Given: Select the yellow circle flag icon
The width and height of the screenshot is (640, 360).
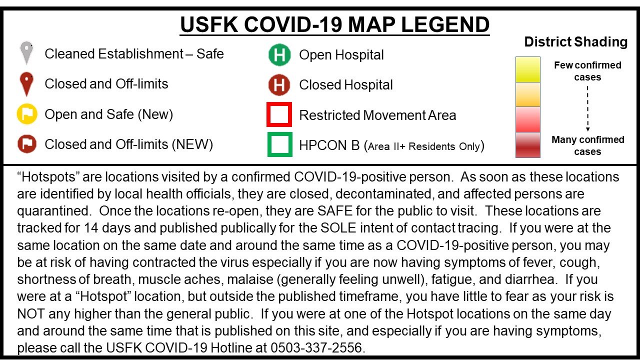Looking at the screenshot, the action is pos(27,114).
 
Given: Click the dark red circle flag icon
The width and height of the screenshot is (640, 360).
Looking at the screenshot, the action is pos(27,144).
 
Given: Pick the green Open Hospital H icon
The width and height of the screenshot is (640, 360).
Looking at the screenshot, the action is pos(279,54).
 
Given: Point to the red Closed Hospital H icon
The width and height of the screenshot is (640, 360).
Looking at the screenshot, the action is pos(279,85).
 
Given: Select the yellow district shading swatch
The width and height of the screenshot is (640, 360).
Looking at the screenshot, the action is pos(527,69).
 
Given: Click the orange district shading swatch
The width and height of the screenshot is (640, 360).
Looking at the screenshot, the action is pos(527,94).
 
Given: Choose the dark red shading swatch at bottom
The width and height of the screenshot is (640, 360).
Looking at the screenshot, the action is pos(527,145).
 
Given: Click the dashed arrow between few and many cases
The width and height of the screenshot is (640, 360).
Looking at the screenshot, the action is pos(587,108).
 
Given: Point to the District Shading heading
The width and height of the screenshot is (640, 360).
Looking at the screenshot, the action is pos(575,41).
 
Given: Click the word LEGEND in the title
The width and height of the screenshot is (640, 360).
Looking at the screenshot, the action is pos(445,24).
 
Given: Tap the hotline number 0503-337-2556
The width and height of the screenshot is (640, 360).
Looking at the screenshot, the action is pos(316,347).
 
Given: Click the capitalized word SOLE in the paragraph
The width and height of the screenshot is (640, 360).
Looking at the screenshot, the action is pos(338,227).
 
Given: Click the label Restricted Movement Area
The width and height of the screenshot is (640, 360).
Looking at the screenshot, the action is pos(377,115).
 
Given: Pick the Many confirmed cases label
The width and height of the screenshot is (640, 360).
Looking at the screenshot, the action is pos(587,145).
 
